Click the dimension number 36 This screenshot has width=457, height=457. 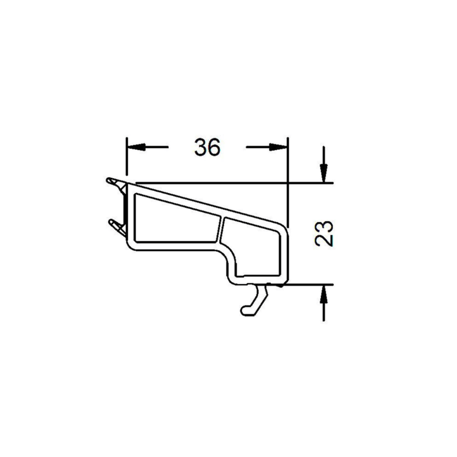point(207,147)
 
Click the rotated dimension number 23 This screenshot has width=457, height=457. point(324,234)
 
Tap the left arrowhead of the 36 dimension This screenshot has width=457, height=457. point(136,147)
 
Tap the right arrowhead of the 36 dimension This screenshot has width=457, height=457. point(278,147)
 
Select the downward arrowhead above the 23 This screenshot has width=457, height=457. point(324,173)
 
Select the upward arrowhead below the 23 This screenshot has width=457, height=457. point(324,294)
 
